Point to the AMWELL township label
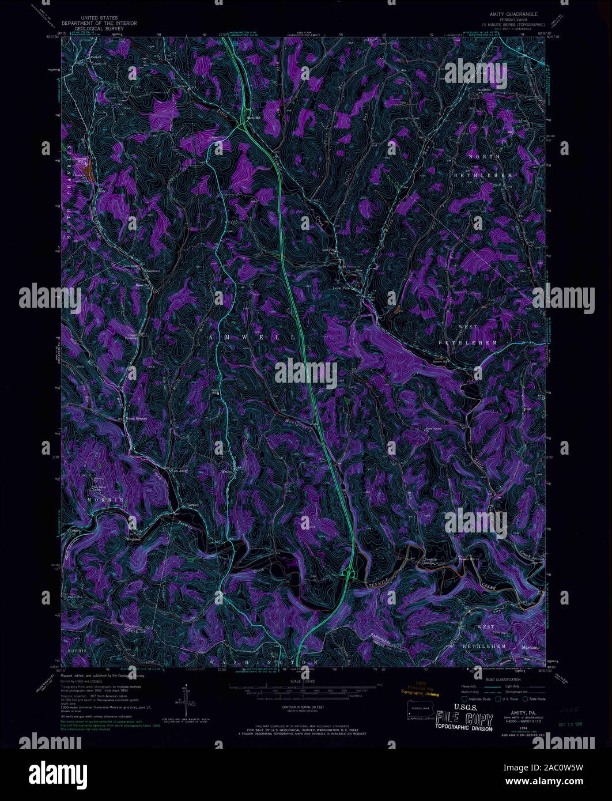click(x=253, y=336)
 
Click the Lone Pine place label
click(x=342, y=284)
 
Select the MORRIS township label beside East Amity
click(x=105, y=498)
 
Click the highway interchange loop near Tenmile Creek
click(x=349, y=572)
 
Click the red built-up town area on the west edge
click(x=86, y=171)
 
